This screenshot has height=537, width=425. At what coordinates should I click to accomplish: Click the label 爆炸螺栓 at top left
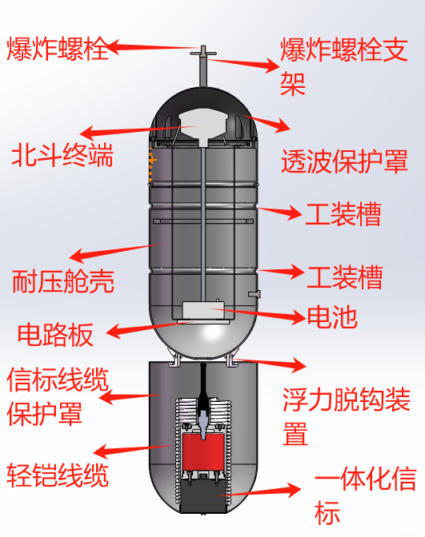click(x=58, y=49)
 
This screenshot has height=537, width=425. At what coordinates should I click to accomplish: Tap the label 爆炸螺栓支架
click(x=344, y=67)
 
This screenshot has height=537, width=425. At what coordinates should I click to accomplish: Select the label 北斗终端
click(x=62, y=155)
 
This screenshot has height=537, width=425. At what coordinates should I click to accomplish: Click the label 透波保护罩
click(x=344, y=161)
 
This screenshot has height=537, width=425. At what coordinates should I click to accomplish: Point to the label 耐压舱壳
click(x=63, y=281)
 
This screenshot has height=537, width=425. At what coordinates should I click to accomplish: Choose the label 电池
click(x=332, y=316)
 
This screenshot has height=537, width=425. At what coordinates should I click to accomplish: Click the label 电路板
click(x=55, y=335)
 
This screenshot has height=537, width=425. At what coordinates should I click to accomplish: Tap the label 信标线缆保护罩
click(x=58, y=396)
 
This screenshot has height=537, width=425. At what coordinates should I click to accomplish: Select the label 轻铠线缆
click(x=58, y=475)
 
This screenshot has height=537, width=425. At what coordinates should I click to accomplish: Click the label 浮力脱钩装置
click(x=347, y=416)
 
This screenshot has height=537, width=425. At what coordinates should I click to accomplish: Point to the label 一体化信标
click(x=366, y=495)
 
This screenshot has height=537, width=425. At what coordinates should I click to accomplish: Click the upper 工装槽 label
click(x=343, y=214)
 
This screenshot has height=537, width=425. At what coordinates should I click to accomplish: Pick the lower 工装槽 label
click(x=345, y=276)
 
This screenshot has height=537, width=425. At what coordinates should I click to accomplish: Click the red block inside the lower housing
click(x=204, y=452)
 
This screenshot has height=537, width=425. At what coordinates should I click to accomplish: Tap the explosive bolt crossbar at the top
click(x=203, y=53)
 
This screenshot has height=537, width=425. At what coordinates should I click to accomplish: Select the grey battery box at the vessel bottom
click(x=204, y=310)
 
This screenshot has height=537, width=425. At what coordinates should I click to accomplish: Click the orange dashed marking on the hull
click(x=151, y=165)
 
